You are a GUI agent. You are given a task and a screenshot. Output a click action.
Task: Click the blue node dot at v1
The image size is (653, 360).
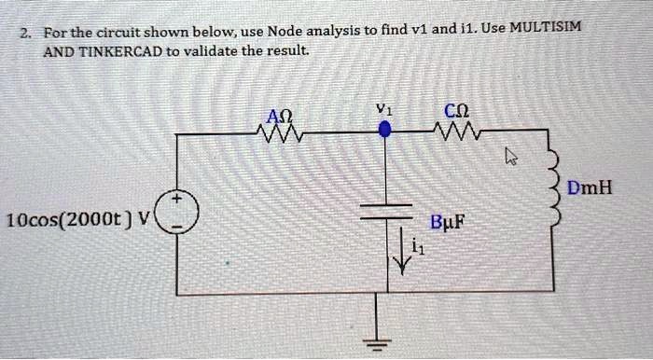click(x=383, y=133)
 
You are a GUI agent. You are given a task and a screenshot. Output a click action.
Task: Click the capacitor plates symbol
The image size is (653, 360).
click(x=383, y=209)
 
